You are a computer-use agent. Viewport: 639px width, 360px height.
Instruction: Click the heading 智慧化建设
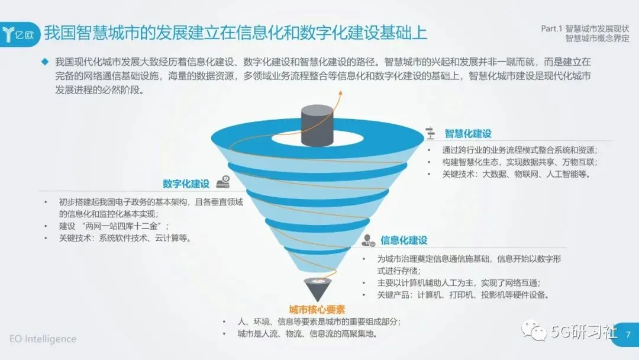(468, 134)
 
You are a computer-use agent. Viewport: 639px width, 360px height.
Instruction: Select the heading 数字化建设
(186, 184)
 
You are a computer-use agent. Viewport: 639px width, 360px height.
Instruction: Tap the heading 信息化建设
(404, 240)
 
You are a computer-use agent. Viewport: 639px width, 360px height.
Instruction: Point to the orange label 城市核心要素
(317, 310)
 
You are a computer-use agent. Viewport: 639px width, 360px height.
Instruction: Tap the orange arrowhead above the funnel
(340, 93)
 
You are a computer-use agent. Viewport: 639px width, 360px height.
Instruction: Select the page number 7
(628, 335)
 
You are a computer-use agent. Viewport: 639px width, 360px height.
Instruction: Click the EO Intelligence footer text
(43, 339)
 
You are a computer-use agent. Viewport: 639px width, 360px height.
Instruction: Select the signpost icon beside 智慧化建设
(431, 134)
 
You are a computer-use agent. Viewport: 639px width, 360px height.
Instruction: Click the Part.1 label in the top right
(551, 28)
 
